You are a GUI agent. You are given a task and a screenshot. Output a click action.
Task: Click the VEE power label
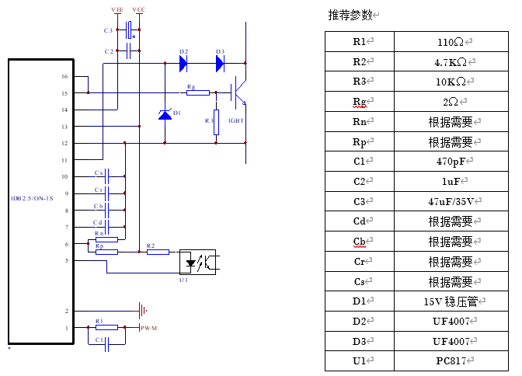pos(117,9)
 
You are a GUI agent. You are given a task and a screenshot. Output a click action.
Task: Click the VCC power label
pos(139,9)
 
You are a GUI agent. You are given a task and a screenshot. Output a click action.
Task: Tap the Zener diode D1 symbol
pos(165,114)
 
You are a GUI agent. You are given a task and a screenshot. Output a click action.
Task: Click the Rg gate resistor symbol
pos(197,93)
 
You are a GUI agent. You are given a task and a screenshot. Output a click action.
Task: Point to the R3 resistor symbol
pos(217,122)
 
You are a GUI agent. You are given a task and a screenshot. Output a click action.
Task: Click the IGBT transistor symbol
pos(239,93)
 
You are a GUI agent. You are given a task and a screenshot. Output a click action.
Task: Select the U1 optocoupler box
pos(200,261)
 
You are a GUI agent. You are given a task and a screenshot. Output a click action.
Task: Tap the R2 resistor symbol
pos(158,251)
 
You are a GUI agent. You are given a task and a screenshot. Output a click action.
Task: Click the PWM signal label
pos(149,329)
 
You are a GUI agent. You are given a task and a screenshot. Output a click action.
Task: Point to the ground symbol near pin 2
pos(142,312)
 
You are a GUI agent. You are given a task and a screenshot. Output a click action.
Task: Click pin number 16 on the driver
pos(64,76)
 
